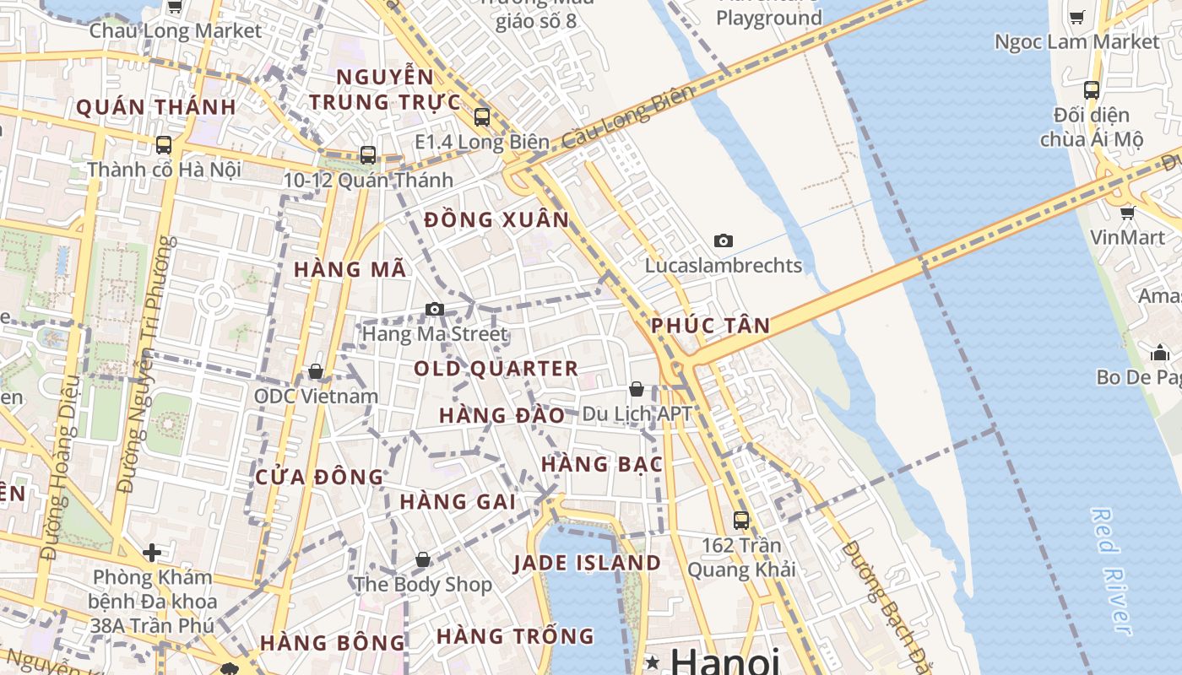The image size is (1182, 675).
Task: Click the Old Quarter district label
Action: (x=496, y=369)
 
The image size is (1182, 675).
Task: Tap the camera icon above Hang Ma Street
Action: (x=435, y=309)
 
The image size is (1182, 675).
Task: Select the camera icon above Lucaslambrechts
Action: (x=723, y=241)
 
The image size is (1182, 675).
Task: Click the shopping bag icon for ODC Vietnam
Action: (x=316, y=371)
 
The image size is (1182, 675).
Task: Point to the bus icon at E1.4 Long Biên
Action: (x=482, y=116)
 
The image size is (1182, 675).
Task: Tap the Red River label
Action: (x=1112, y=570)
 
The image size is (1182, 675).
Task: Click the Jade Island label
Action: (x=587, y=563)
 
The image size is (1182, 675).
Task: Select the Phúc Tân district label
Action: (x=710, y=326)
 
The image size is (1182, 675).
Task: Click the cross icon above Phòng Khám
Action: (x=152, y=553)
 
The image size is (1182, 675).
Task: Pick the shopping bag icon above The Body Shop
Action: (x=423, y=559)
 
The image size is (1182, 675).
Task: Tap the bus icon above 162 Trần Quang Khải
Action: (x=741, y=520)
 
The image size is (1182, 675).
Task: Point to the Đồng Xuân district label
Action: (x=496, y=220)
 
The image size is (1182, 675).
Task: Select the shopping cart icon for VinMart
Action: (x=1127, y=213)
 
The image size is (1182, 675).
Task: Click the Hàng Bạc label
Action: (x=601, y=464)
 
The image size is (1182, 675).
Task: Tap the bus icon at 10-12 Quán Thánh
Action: (x=368, y=155)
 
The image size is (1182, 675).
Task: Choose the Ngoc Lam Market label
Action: (x=1076, y=41)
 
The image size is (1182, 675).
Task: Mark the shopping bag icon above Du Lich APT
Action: (x=637, y=389)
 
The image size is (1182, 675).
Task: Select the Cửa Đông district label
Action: (x=319, y=477)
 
